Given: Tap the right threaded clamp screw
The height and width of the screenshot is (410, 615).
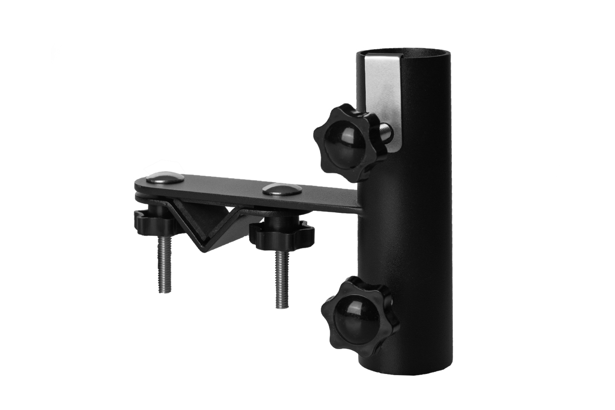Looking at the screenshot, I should coord(282,279).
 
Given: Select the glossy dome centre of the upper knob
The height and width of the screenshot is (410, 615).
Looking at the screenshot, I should coord(338,137).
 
